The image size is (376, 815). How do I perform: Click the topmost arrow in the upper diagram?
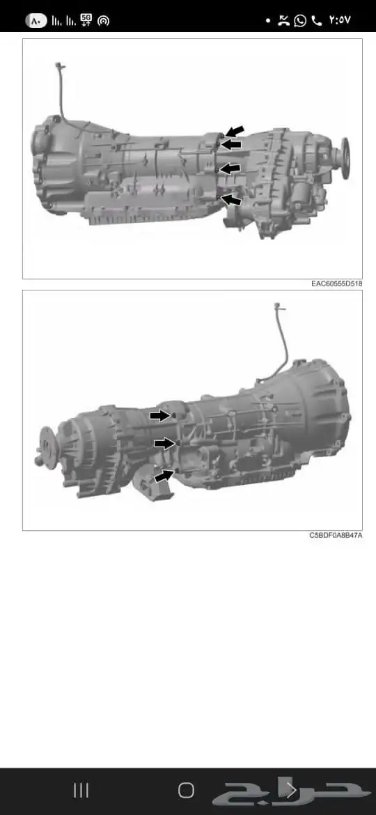click(234, 131)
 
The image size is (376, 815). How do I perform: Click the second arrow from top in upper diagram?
click(232, 144)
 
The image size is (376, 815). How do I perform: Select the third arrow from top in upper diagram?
click(230, 169)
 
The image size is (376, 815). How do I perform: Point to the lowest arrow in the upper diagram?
click(232, 200)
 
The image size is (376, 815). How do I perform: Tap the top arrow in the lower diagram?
click(160, 415)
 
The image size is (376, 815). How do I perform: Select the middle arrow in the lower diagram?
click(164, 443)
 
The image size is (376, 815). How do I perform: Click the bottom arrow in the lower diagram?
click(164, 475)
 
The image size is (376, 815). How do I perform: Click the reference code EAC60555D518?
click(336, 284)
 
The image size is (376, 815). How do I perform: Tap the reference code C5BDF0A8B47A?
click(336, 536)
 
